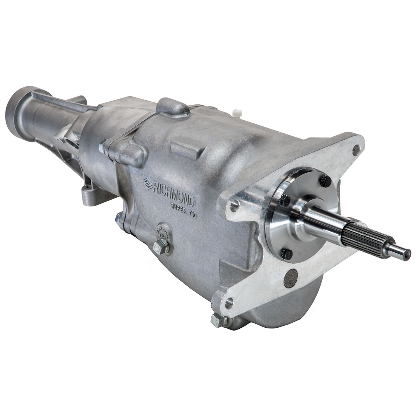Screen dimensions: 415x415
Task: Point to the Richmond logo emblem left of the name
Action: pyautogui.click(x=147, y=182)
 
